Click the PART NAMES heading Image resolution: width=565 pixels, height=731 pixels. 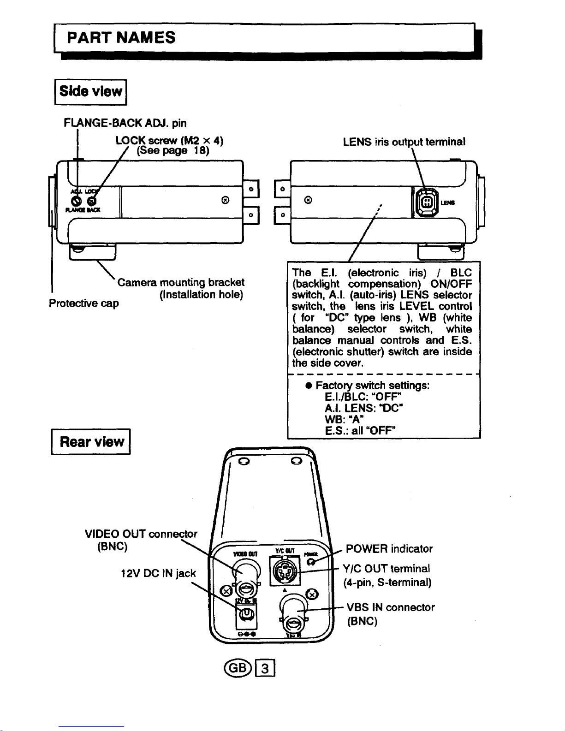[x=121, y=37]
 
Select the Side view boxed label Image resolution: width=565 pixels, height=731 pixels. [x=91, y=92]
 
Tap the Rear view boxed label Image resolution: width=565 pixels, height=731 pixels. [x=91, y=442]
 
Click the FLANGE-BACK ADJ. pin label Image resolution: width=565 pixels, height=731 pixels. [x=125, y=123]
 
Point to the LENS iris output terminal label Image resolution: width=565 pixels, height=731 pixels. [x=404, y=142]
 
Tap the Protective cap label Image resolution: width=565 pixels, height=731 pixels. [x=83, y=303]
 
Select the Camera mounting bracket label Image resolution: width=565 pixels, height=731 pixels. [x=181, y=282]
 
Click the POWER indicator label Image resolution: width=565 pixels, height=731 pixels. [x=389, y=549]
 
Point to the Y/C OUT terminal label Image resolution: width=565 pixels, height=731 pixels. [x=387, y=569]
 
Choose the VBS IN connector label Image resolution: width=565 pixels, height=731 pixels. [x=390, y=607]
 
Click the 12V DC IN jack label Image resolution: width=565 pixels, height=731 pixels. [x=158, y=573]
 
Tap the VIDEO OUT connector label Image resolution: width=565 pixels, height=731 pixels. [x=141, y=534]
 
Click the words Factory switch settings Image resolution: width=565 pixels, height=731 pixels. [x=373, y=385]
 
